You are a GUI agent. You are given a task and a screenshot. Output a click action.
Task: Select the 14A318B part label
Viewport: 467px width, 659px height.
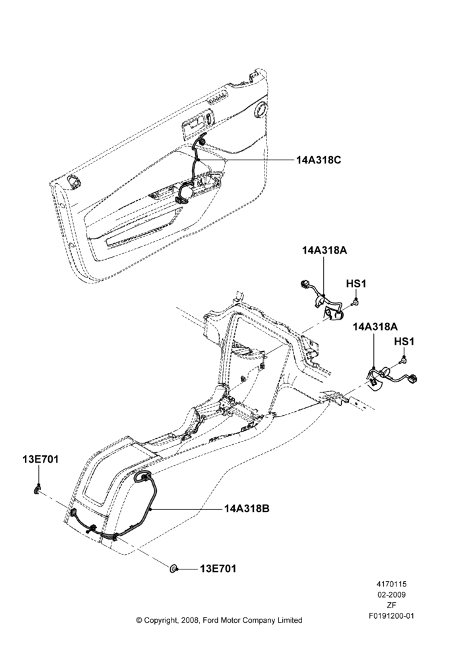[x=247, y=509]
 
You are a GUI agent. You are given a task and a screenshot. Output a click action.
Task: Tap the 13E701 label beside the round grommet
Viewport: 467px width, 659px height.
[x=218, y=569]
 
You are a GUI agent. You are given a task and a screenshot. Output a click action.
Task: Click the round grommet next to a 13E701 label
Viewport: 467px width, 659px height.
[x=173, y=569]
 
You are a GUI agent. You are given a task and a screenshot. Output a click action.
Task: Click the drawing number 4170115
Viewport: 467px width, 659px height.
[x=391, y=584]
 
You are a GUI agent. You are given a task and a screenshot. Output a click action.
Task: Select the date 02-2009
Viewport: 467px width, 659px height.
[x=391, y=594]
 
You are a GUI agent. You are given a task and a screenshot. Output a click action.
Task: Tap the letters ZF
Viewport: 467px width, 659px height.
[x=391, y=605]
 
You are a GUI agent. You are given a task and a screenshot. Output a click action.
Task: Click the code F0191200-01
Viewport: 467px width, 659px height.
[x=391, y=616]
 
